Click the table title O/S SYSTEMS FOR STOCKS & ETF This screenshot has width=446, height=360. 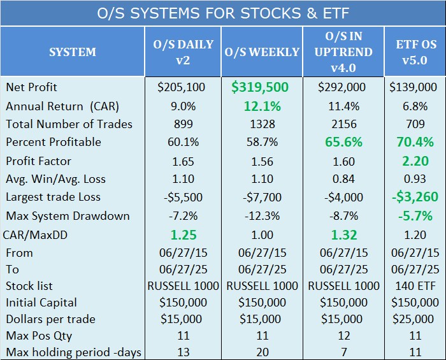coord(223,13)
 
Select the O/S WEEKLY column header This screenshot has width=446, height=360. coord(262,52)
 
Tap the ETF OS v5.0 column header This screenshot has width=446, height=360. coord(416,52)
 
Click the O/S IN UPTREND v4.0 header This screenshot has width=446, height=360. coord(343,52)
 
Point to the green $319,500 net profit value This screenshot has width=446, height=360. coord(260,87)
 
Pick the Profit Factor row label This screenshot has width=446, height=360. coord(38,161)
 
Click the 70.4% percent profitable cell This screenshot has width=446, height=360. coord(415,142)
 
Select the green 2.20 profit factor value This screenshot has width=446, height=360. coord(415,161)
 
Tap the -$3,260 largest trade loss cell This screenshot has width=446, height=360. coord(415,197)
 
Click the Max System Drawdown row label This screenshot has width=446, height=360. coord(68,216)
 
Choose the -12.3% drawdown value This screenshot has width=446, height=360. coord(263,216)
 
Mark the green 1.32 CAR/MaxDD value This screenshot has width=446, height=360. coord(344,235)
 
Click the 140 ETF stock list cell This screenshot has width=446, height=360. coord(415,286)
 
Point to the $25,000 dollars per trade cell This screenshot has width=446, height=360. coord(413,319)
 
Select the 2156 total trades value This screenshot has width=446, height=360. coord(344,124)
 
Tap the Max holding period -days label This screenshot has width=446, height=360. coord(73,352)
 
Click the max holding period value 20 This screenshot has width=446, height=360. coord(263,352)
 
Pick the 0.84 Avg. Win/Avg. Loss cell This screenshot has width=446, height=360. coord(343,179)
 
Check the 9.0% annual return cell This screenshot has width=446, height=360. coord(183,106)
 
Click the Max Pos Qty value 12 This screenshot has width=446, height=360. coord(344,336)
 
